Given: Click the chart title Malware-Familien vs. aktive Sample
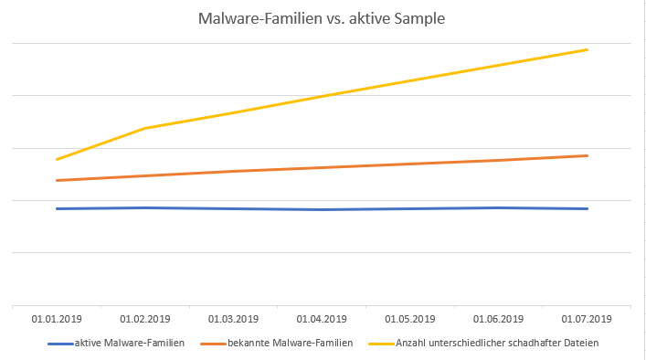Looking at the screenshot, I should pyautogui.click(x=322, y=19).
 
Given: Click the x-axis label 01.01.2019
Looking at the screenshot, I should pyautogui.click(x=57, y=319).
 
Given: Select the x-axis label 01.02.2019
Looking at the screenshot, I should pyautogui.click(x=145, y=319).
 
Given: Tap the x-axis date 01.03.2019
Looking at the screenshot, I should pyautogui.click(x=234, y=319).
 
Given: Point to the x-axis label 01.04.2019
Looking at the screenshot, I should pyautogui.click(x=322, y=319).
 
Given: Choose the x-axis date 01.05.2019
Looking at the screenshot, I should pyautogui.click(x=410, y=319).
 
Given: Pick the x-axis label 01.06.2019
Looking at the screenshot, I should pyautogui.click(x=499, y=319).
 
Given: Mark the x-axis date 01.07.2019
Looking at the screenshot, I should pyautogui.click(x=588, y=319).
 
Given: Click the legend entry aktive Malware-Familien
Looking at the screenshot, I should pyautogui.click(x=130, y=343).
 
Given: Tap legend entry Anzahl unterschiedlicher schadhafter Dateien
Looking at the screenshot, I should pyautogui.click(x=490, y=343).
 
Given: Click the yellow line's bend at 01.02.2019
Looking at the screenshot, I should pyautogui.click(x=145, y=128).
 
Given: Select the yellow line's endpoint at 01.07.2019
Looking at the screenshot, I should pyautogui.click(x=588, y=49).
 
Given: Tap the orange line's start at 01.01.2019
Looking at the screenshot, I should pyautogui.click(x=57, y=180).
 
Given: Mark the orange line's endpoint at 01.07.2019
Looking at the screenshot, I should pyautogui.click(x=588, y=155).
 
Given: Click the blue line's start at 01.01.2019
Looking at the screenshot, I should pyautogui.click(x=57, y=208).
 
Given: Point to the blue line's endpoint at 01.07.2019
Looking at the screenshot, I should pyautogui.click(x=588, y=208).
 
